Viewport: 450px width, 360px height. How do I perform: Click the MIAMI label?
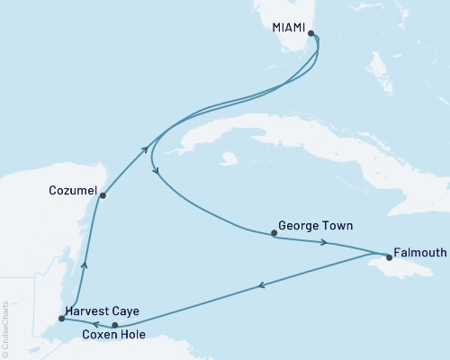pyautogui.click(x=288, y=28)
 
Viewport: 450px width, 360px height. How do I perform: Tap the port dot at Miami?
pyautogui.click(x=311, y=34)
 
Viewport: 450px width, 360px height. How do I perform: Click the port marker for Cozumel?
pyautogui.click(x=103, y=194)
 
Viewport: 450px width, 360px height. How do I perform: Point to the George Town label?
pyautogui.click(x=315, y=226)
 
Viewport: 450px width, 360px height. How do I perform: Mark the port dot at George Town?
pyautogui.click(x=274, y=234)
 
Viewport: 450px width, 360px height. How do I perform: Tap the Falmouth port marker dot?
pyautogui.click(x=388, y=255)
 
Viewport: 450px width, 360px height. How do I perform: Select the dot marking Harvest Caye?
pyautogui.click(x=60, y=318)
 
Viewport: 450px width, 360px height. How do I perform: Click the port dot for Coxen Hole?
pyautogui.click(x=114, y=325)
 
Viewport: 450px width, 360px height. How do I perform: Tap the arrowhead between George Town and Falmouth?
pyautogui.click(x=324, y=242)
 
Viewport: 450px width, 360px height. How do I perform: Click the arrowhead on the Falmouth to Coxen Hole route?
pyautogui.click(x=261, y=286)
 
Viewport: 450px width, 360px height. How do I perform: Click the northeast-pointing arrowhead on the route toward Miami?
pyautogui.click(x=146, y=151)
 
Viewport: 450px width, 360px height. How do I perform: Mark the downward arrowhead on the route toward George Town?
pyautogui.click(x=157, y=170)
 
